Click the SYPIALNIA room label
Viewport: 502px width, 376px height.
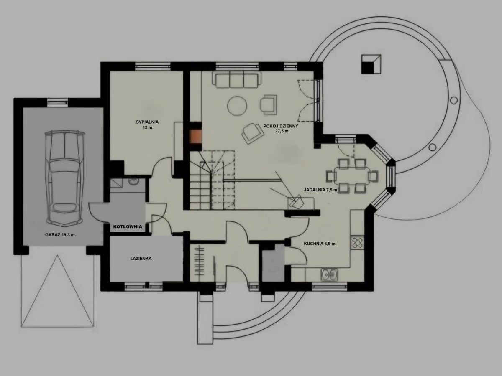147,122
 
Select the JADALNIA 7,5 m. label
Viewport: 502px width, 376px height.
321,190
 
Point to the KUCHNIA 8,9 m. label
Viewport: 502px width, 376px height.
320,244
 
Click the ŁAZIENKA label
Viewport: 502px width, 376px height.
141,259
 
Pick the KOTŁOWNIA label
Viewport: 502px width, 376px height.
128,227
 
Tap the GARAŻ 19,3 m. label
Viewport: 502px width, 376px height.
60,235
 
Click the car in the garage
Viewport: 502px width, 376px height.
64,177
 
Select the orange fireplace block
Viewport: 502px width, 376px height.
195,137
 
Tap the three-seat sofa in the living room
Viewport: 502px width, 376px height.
236,79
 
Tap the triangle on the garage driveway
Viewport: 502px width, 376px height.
57,291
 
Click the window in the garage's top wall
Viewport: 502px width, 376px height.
58,102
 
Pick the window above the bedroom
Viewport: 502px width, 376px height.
153,66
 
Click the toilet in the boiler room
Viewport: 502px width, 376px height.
133,181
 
